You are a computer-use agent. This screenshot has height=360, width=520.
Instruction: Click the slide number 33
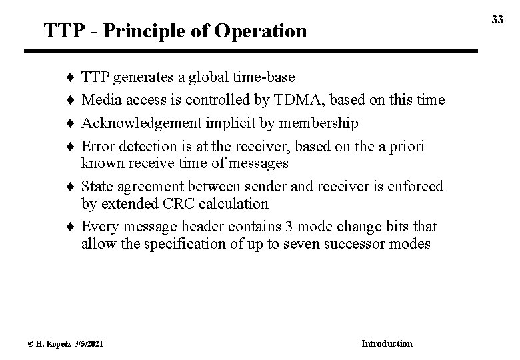point(498,21)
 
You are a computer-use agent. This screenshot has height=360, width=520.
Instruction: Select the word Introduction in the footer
point(387,343)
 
